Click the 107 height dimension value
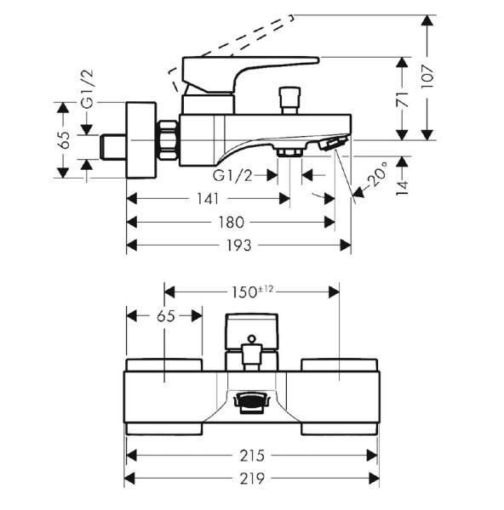[x=427, y=76]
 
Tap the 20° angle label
[x=379, y=173]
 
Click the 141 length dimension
[x=208, y=199]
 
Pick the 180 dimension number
[x=231, y=223]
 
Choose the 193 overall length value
[x=238, y=246]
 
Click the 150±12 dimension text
[x=252, y=292]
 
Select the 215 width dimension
[x=252, y=456]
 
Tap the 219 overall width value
[x=252, y=479]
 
